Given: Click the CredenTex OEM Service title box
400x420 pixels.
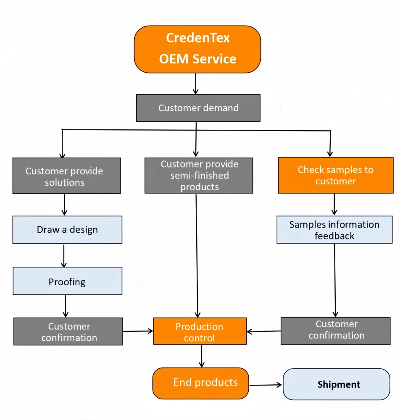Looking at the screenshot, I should click(x=197, y=49).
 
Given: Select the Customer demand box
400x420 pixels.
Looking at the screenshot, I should click(x=198, y=108).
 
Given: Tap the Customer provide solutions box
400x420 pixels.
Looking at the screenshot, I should click(x=66, y=176).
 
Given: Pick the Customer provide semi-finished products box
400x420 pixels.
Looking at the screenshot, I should click(x=199, y=176).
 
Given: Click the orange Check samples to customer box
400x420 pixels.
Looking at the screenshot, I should click(x=336, y=176).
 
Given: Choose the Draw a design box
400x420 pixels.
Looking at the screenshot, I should click(x=67, y=230).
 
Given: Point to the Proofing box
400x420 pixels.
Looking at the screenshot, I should click(x=67, y=281).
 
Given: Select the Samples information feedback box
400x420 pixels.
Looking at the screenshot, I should click(x=334, y=230).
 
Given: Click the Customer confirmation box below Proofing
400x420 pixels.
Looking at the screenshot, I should click(x=68, y=331).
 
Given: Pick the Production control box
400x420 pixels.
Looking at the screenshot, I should click(x=200, y=332).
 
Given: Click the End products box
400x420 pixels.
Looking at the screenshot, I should click(x=201, y=383).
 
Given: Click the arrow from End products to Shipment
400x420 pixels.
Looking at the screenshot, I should click(x=266, y=384).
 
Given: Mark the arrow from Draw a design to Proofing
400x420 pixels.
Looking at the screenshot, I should click(x=64, y=255).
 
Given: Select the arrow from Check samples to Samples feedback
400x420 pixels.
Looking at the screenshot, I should click(x=334, y=205).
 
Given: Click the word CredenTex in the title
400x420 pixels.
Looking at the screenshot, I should click(x=198, y=38).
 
